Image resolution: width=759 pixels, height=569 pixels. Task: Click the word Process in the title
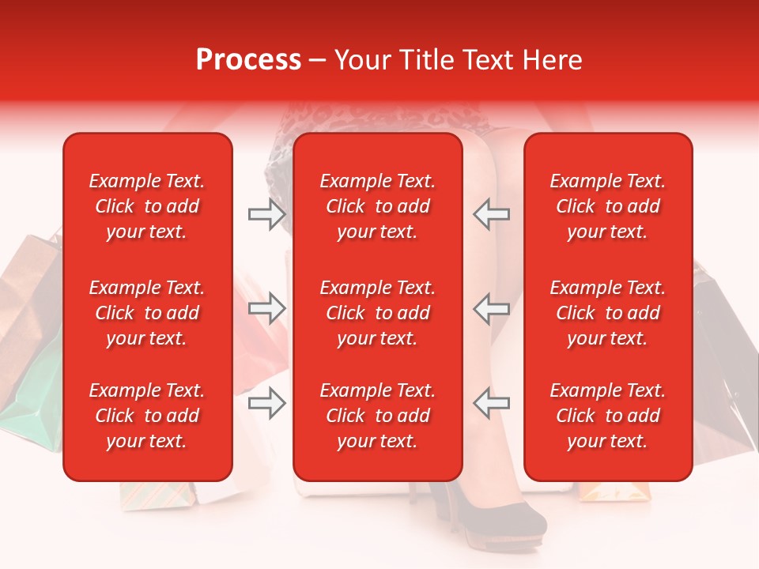[x=248, y=60]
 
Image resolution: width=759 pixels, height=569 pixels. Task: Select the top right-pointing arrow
[x=266, y=214]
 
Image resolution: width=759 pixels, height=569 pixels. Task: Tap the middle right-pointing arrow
[x=266, y=308]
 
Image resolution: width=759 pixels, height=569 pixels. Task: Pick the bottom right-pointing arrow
[x=266, y=403]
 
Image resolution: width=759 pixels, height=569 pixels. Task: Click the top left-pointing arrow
[x=491, y=214]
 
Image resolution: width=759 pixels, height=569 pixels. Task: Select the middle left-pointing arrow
[x=491, y=308]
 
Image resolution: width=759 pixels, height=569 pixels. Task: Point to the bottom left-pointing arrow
[x=491, y=403]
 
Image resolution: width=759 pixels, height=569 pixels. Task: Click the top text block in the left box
[x=147, y=206]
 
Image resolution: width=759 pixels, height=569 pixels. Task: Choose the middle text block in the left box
[x=147, y=313]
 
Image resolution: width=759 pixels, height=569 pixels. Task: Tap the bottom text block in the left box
[x=147, y=416]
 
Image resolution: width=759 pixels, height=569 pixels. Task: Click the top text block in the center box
[x=377, y=206]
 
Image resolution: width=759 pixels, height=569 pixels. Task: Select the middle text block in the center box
[x=377, y=313]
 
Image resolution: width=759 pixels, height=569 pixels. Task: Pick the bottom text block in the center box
[x=377, y=416]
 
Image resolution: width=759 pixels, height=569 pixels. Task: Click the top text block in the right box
[x=607, y=206]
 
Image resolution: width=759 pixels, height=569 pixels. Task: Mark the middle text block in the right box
[x=607, y=313]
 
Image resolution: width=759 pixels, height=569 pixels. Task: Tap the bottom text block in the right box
[x=607, y=416]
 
